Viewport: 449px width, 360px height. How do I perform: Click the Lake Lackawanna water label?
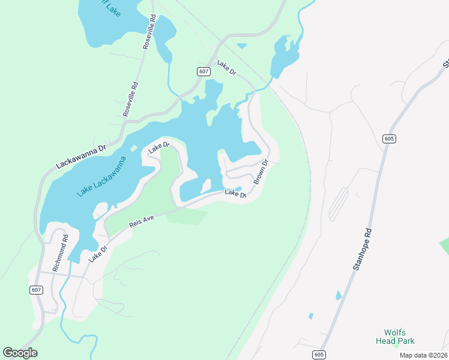pos(102,177)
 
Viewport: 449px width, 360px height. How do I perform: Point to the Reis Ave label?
pos(142,221)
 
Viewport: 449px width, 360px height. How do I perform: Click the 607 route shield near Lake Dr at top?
pos(203,71)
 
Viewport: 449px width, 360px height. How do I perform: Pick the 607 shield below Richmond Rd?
pos(36,290)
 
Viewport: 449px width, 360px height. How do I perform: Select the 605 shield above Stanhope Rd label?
pos(389,139)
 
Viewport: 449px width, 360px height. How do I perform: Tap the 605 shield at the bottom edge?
pos(319,356)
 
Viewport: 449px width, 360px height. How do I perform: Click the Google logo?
pos(20,353)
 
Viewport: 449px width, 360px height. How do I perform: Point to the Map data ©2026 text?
pos(423,355)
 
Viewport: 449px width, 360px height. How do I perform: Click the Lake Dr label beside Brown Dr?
pos(235,193)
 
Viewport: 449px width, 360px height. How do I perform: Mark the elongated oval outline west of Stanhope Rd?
pos(339,204)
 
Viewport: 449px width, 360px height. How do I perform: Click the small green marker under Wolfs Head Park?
pos(396,343)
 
